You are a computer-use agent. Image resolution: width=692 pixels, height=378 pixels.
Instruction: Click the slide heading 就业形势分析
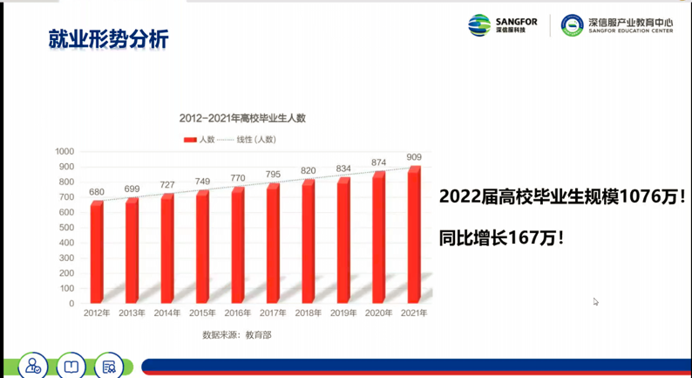[x=109, y=39]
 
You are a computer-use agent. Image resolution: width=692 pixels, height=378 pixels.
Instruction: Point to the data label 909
[x=415, y=158]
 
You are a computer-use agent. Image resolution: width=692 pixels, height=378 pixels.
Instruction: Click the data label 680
[x=97, y=193]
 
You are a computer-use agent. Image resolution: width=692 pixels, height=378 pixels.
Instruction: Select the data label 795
[x=273, y=175]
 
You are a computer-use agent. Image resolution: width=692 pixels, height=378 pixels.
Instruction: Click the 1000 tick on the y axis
[x=65, y=151]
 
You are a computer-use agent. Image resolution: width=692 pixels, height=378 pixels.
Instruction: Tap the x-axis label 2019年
[x=344, y=313]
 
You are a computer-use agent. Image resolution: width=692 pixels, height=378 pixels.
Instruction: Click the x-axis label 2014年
[x=166, y=313]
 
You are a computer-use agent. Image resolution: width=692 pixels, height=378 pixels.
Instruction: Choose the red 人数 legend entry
[x=200, y=139]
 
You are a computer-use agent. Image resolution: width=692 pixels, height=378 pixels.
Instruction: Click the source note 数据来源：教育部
[x=236, y=334]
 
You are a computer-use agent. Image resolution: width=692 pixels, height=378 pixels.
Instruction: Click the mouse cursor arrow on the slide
[x=596, y=302]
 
